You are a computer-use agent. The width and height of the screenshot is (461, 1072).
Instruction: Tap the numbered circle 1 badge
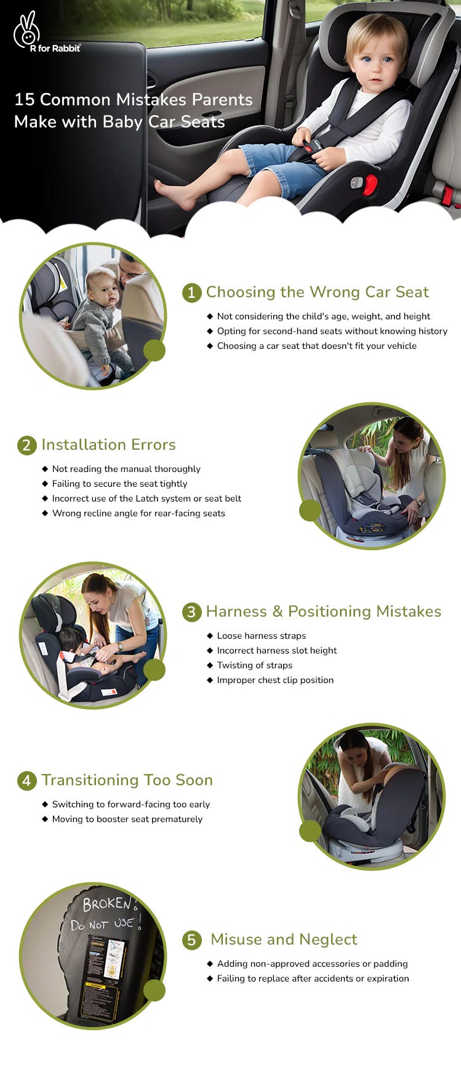191,292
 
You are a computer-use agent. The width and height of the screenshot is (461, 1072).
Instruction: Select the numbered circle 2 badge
26,445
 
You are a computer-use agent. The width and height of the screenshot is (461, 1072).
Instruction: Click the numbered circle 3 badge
191,612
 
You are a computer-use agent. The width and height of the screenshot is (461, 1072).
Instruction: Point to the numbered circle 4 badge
26,780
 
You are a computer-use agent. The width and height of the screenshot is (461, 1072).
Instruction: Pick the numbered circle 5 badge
191,940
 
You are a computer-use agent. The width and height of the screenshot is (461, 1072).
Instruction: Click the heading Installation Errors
108,444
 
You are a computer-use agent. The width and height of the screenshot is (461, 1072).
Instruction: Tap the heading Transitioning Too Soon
127,780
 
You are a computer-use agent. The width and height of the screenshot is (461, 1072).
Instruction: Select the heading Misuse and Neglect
283,939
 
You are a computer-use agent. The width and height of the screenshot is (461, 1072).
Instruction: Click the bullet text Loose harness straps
261,636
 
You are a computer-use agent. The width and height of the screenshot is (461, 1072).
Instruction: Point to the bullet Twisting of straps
254,665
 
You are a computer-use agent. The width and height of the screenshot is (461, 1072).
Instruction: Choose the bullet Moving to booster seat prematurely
127,819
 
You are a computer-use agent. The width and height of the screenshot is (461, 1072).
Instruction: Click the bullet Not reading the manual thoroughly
126,469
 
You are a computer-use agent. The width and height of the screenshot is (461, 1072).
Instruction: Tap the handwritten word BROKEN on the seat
106,903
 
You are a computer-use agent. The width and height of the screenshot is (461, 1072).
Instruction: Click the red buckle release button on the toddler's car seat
370,184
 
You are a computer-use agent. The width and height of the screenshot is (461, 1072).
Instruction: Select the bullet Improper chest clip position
275,680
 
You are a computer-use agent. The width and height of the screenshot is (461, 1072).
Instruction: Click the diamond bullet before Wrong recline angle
45,513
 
